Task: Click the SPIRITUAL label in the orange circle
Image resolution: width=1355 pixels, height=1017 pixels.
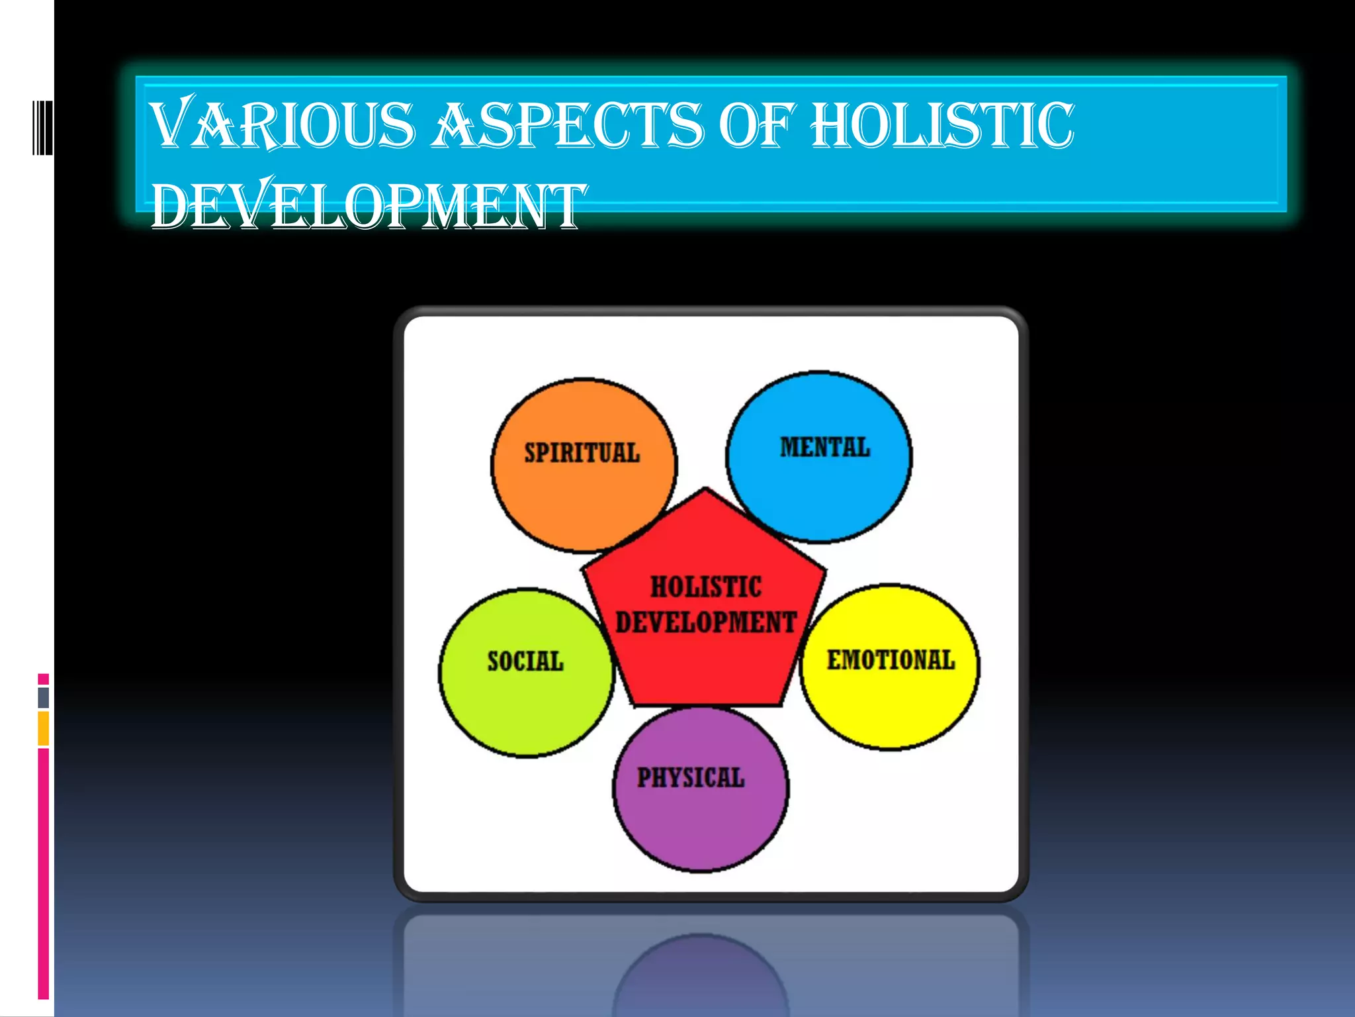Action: [582, 453]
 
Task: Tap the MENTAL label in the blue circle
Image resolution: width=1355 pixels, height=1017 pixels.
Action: [824, 448]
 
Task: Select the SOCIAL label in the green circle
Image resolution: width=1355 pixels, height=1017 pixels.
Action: [525, 661]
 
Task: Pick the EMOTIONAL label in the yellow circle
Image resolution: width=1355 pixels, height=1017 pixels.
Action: [891, 660]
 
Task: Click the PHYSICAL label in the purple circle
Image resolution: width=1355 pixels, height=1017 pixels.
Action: [691, 777]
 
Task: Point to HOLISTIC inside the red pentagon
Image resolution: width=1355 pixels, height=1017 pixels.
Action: [706, 587]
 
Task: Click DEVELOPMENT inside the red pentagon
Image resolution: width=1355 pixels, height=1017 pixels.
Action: [706, 622]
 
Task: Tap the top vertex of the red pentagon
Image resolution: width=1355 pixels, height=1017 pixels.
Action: [706, 491]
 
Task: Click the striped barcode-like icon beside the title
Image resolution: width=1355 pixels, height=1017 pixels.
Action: [42, 127]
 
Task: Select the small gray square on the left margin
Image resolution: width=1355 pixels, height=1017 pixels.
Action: [44, 698]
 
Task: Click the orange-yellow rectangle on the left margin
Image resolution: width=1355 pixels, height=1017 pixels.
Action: [44, 728]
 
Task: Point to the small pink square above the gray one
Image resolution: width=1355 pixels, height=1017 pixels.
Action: [44, 679]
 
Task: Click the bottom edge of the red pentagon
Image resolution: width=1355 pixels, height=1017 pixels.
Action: [706, 704]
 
